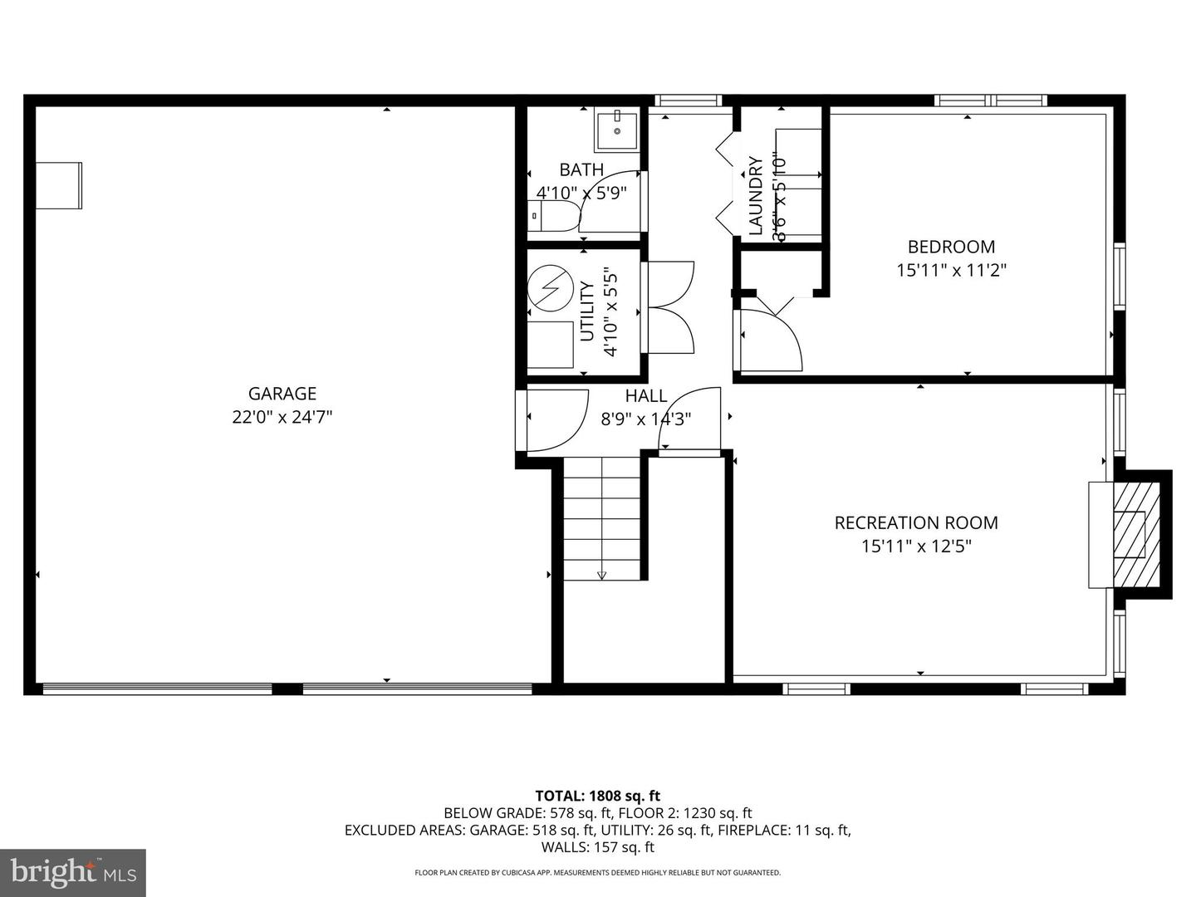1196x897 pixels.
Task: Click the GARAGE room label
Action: [282, 394]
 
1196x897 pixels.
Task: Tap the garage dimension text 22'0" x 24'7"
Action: [282, 417]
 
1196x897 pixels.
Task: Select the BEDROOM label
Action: [951, 247]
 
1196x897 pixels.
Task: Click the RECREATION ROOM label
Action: [916, 522]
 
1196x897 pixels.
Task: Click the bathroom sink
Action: [617, 130]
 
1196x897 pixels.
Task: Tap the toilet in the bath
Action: [552, 218]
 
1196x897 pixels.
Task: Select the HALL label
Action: [645, 396]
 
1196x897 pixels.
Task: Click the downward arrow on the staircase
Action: [602, 575]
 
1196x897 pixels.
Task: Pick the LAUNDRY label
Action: [756, 196]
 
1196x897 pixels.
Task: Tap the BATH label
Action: [581, 169]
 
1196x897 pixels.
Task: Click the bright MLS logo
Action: [73, 873]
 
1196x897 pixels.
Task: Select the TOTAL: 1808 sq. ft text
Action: [597, 796]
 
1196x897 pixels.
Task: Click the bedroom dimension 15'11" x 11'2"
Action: [951, 270]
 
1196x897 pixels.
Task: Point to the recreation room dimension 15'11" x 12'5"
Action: [916, 546]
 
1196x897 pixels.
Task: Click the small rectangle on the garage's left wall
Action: [59, 185]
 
